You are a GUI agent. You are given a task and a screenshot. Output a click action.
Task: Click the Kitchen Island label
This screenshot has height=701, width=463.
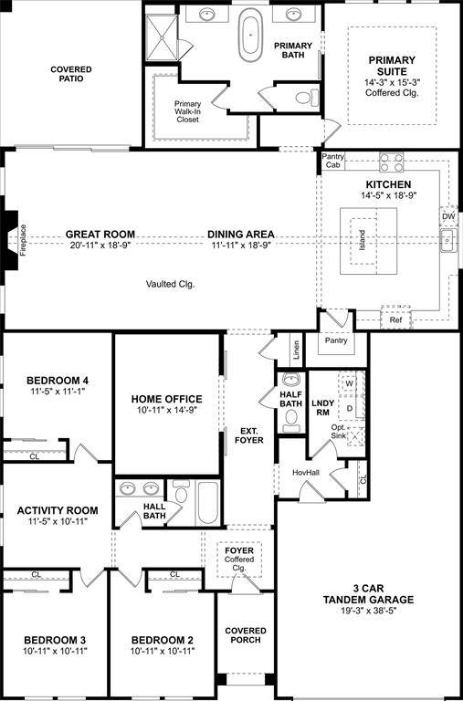coord(362,240)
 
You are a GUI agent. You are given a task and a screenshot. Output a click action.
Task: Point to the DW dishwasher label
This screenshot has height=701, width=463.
coord(447,217)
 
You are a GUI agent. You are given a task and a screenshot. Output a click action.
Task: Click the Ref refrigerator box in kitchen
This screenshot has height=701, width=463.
coord(395,320)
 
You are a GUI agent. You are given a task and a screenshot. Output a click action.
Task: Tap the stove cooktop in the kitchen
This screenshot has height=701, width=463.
coord(392,162)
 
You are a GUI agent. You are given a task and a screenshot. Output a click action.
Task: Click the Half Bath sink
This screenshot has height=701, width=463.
coord(290,380)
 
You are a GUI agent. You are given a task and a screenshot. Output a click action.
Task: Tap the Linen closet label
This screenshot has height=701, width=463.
coord(296,350)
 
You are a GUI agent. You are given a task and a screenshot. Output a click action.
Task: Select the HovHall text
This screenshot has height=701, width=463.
coord(305,472)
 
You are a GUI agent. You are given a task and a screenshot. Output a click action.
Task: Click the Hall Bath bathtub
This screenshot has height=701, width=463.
coord(206,502)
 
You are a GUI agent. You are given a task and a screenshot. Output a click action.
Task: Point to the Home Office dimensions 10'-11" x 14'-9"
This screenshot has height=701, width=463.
coord(166,411)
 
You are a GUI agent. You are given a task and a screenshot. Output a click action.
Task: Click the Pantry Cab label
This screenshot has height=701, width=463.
coord(332,162)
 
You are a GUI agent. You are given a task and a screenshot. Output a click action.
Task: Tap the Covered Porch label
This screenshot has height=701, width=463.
coord(246,636)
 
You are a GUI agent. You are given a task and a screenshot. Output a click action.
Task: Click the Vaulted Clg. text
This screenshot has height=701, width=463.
coord(170,284)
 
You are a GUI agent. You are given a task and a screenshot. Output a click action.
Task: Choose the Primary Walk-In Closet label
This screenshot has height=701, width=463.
coord(188,110)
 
